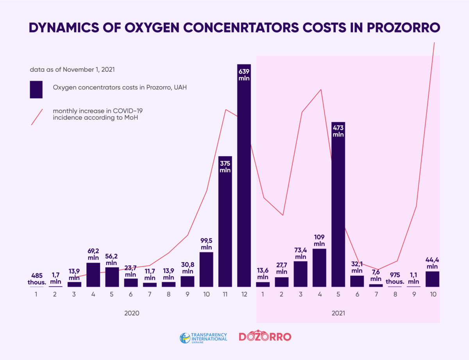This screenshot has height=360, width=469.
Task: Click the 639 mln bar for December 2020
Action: (x=244, y=176)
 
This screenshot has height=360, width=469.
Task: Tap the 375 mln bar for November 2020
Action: (x=225, y=226)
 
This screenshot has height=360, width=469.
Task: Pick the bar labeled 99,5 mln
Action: (x=206, y=269)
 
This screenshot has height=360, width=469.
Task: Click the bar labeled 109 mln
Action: (x=319, y=267)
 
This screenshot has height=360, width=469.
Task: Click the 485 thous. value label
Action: (x=36, y=279)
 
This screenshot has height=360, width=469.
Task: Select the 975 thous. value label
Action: (x=395, y=279)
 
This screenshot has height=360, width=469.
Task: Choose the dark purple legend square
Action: (x=36, y=89)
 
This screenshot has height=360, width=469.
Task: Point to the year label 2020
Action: (x=132, y=313)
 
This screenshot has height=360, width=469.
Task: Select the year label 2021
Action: (x=338, y=313)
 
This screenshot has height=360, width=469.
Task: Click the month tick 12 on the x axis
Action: (x=244, y=294)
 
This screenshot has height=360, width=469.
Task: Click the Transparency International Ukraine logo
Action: (x=203, y=338)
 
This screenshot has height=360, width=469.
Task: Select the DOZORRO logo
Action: (x=265, y=337)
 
